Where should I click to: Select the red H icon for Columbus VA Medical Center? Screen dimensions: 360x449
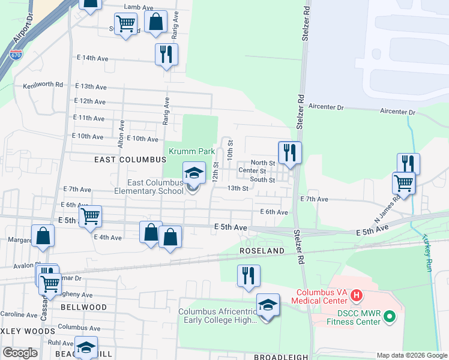(357, 295)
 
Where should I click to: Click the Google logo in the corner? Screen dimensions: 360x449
(20, 352)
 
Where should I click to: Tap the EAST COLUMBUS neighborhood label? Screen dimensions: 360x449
(130, 160)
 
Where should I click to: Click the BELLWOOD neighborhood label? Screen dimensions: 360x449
(83, 307)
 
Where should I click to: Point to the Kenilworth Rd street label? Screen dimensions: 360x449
(43, 85)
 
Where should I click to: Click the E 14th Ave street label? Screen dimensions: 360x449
(92, 58)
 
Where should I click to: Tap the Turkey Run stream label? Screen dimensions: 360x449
(427, 253)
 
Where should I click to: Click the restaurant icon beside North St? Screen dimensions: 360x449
(290, 152)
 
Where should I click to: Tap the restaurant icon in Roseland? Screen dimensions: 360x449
(249, 275)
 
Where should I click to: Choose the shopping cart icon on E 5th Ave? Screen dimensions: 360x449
(90, 216)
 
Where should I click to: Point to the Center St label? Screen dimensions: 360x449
(253, 170)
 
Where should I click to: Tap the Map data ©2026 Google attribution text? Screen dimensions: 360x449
(411, 355)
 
